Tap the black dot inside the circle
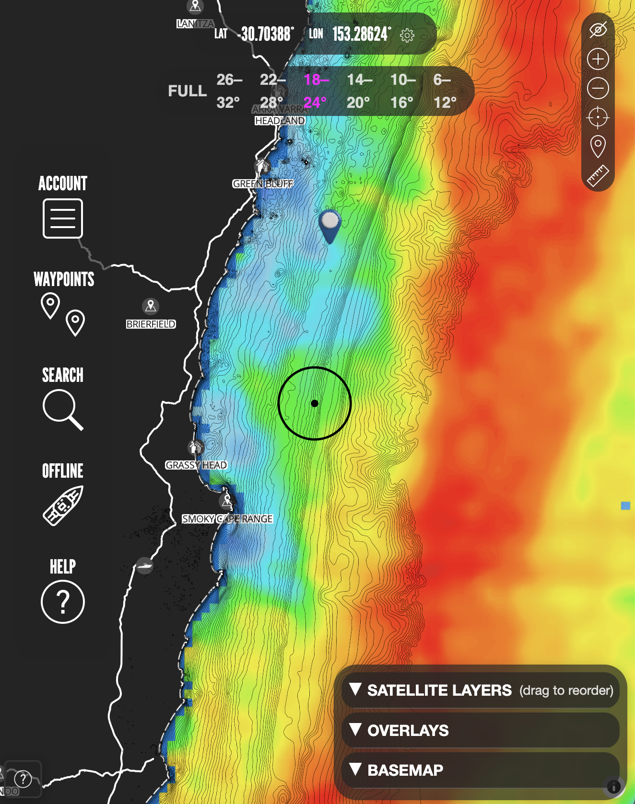click(315, 403)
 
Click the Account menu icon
click(63, 218)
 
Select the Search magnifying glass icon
click(62, 409)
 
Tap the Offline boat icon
click(63, 505)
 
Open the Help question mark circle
click(63, 602)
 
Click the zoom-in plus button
click(598, 59)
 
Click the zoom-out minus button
click(598, 89)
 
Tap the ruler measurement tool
click(598, 176)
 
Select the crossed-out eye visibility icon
click(598, 30)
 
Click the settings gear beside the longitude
click(407, 35)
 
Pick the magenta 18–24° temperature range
click(316, 91)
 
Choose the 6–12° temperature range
click(445, 91)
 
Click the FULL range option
click(188, 91)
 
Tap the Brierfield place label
click(151, 324)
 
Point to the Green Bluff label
click(263, 184)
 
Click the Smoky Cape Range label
click(227, 519)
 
